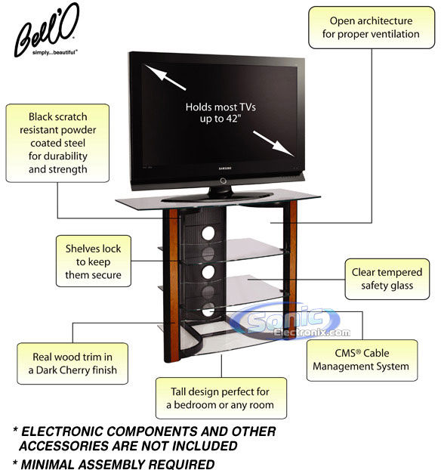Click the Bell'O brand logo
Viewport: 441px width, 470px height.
pyautogui.click(x=45, y=30)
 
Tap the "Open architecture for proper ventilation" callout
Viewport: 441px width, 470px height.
pyautogui.click(x=372, y=27)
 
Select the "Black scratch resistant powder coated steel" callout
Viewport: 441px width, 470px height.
pyautogui.click(x=57, y=143)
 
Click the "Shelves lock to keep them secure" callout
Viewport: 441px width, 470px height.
pyautogui.click(x=94, y=261)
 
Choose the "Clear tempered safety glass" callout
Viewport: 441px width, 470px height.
pyautogui.click(x=387, y=279)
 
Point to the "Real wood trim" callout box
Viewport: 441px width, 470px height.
pyautogui.click(x=72, y=363)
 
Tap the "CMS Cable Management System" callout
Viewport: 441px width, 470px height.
pyautogui.click(x=362, y=360)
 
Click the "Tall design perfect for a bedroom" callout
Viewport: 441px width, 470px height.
pyautogui.click(x=221, y=398)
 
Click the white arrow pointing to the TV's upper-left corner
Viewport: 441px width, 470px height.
pyautogui.click(x=165, y=77)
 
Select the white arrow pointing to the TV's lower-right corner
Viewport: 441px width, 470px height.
pyautogui.click(x=274, y=144)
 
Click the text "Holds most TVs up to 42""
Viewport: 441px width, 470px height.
pyautogui.click(x=220, y=113)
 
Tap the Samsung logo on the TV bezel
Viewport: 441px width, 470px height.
pyautogui.click(x=225, y=169)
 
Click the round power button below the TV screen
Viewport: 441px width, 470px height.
pyautogui.click(x=223, y=181)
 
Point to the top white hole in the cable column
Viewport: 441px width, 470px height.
pyautogui.click(x=208, y=233)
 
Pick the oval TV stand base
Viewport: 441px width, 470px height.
pyautogui.click(x=217, y=196)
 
